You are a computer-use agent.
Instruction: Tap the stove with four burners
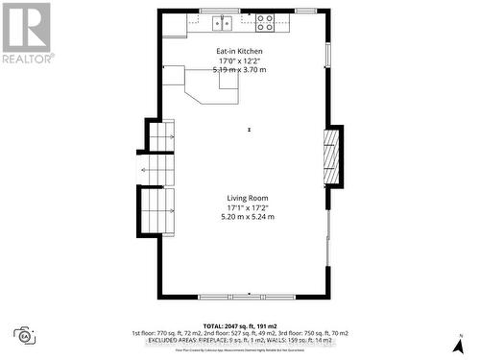click(264, 20)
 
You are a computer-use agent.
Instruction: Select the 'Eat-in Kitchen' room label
click(239, 52)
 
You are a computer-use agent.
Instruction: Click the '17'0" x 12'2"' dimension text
click(239, 61)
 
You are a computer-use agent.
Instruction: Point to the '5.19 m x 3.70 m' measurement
click(239, 70)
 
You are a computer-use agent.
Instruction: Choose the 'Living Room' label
click(247, 198)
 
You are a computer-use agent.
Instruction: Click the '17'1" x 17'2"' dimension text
click(247, 207)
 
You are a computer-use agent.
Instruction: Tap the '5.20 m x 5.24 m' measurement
click(247, 217)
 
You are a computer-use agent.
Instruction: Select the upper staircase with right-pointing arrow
click(162, 138)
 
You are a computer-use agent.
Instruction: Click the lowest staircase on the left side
click(158, 211)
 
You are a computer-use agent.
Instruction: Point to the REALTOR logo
click(26, 33)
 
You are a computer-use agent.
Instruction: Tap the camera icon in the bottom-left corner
click(25, 335)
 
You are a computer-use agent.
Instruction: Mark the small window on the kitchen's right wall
click(328, 53)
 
